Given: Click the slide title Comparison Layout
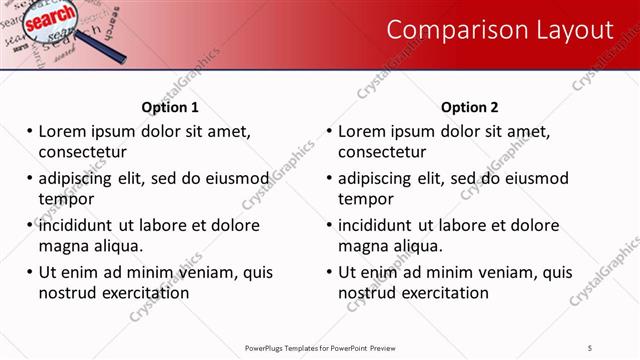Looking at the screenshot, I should click(x=499, y=31).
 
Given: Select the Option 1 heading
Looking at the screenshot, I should click(x=170, y=107).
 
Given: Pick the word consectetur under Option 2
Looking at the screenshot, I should click(x=382, y=152).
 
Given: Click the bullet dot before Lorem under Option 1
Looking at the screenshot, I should click(x=30, y=132).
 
